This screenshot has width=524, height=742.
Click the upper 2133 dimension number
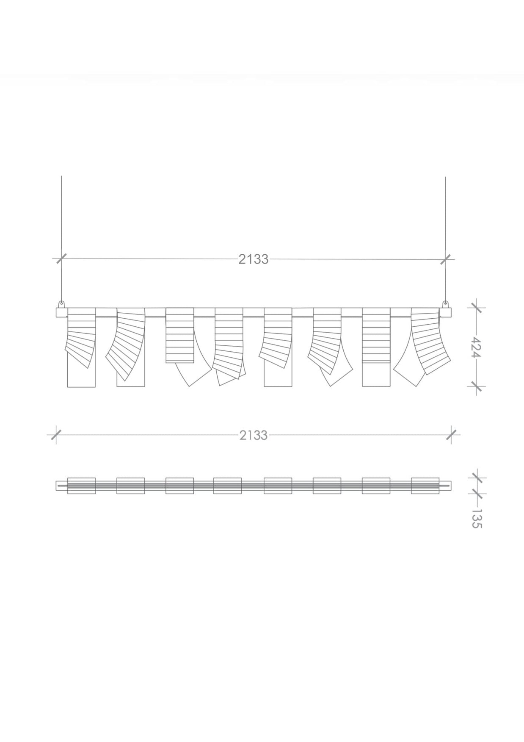coord(253,259)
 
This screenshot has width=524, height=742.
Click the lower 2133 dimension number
coord(253,435)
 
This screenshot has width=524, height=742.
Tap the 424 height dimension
coord(476,347)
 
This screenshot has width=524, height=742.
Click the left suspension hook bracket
coord(61,304)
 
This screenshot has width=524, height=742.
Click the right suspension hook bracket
coord(445,304)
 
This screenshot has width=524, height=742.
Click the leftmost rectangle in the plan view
coord(81,486)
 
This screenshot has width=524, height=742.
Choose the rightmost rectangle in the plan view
coord(425,486)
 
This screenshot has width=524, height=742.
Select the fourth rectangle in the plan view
coord(228,486)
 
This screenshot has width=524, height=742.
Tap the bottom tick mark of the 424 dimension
coord(476,386)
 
